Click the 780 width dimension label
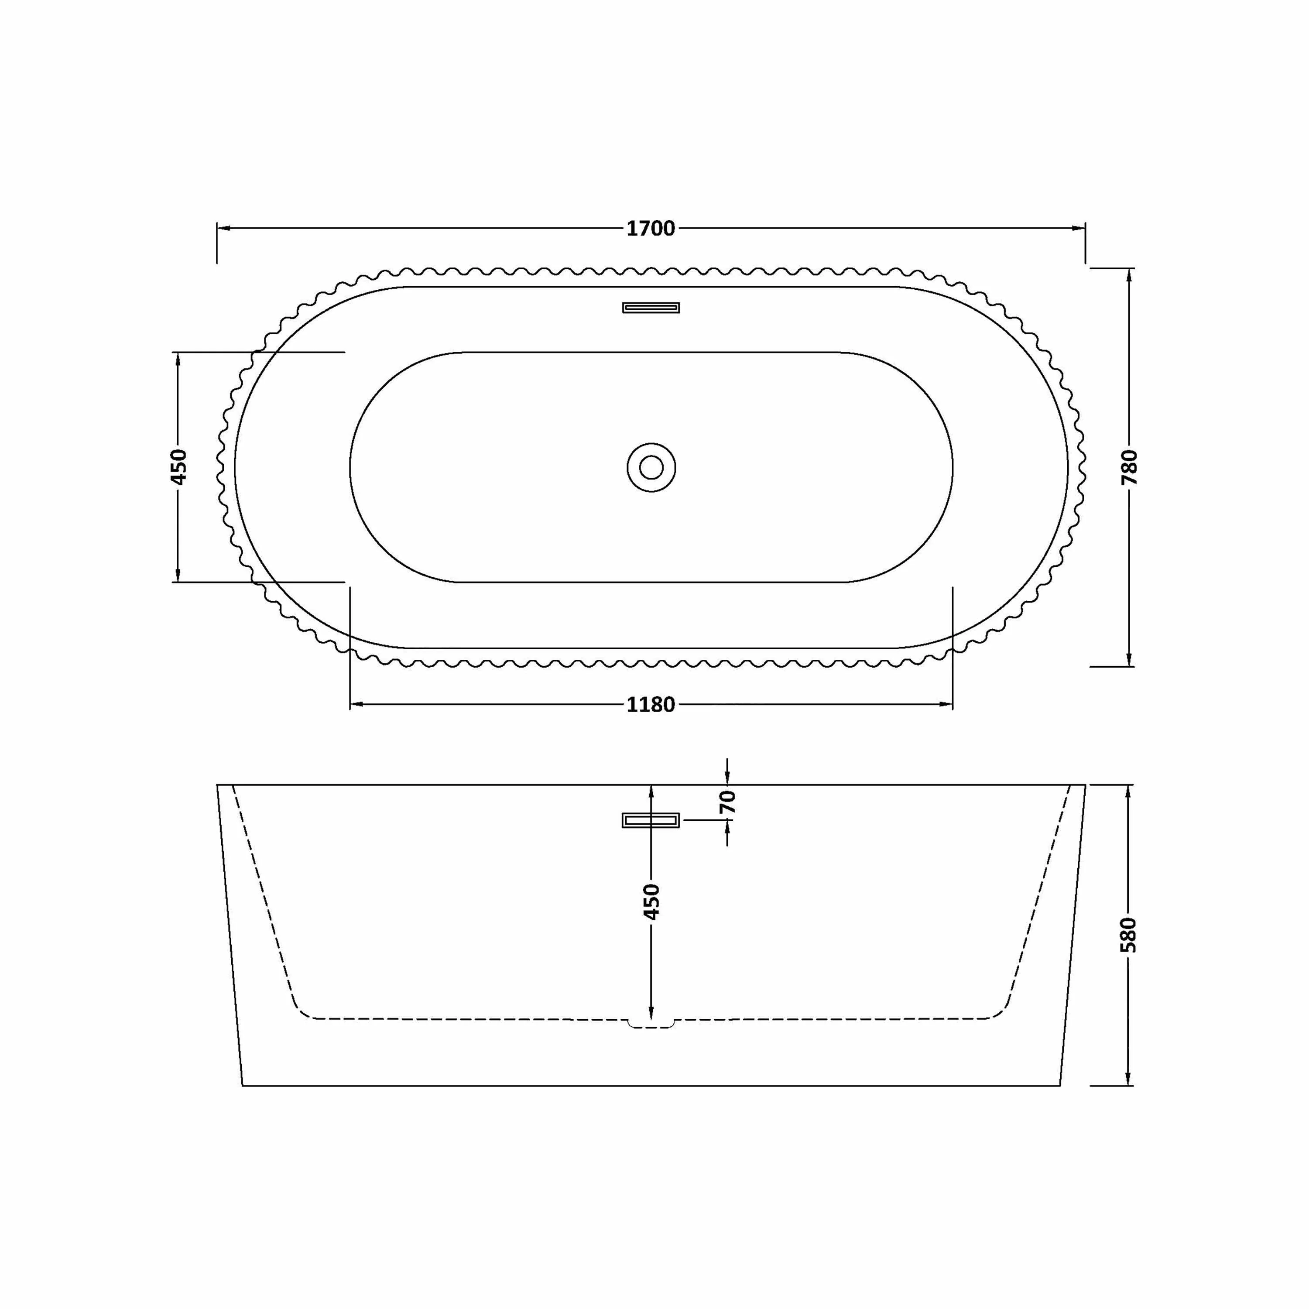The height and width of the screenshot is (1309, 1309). tap(1130, 467)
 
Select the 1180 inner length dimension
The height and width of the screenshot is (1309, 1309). tap(651, 705)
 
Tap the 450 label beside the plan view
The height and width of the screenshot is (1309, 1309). tap(178, 467)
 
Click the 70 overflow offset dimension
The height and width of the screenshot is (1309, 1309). tap(728, 802)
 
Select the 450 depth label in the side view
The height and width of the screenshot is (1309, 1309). tap(651, 902)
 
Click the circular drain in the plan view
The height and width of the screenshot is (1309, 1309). tap(651, 467)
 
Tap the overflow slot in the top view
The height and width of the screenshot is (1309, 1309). tap(651, 308)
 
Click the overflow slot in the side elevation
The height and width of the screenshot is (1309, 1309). tap(651, 820)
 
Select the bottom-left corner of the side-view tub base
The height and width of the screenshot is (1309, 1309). tap(243, 1086)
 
